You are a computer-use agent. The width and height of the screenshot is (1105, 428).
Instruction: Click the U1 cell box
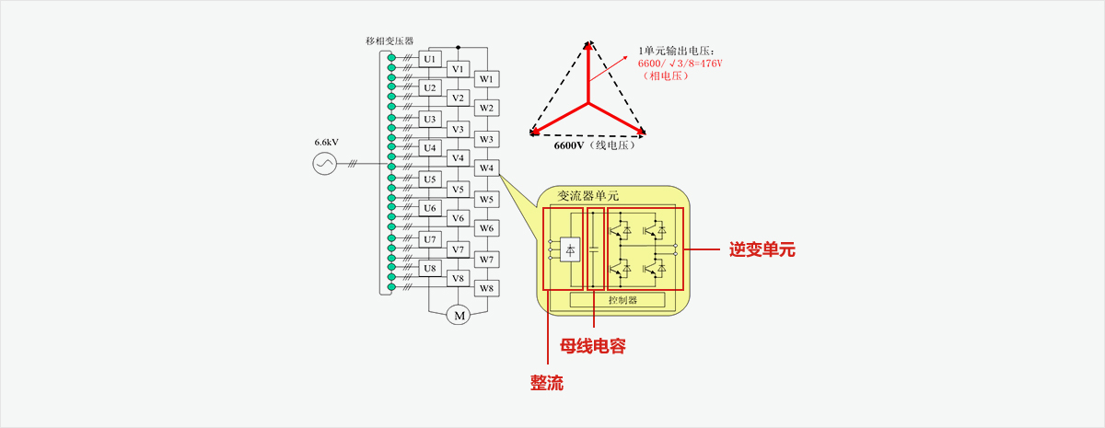[429, 59]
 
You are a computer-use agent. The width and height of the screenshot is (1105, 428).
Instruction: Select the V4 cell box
[458, 157]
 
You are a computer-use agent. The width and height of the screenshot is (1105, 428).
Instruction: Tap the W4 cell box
[486, 168]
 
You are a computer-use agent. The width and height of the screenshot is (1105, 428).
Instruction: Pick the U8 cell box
[429, 268]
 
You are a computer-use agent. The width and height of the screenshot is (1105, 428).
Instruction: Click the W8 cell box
[486, 288]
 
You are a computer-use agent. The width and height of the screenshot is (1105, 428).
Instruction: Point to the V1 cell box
[458, 69]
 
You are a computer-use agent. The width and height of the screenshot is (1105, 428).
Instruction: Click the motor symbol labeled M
[458, 316]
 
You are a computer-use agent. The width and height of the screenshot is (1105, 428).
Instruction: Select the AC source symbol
[325, 164]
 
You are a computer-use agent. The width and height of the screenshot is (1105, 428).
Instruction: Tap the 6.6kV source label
[326, 142]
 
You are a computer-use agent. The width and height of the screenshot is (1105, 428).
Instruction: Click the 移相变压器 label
[390, 40]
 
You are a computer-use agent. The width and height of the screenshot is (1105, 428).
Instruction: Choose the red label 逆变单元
[762, 249]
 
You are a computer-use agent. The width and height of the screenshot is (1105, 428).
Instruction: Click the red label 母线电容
[593, 346]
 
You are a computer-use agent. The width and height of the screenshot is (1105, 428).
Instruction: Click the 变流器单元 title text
[588, 195]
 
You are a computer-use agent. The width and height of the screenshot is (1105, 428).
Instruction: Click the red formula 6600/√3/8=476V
[680, 64]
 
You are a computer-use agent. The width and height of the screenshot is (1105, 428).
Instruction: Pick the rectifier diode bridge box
[570, 249]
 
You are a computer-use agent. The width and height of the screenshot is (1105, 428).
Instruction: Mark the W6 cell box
[486, 227]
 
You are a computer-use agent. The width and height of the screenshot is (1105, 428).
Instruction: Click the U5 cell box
[429, 179]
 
